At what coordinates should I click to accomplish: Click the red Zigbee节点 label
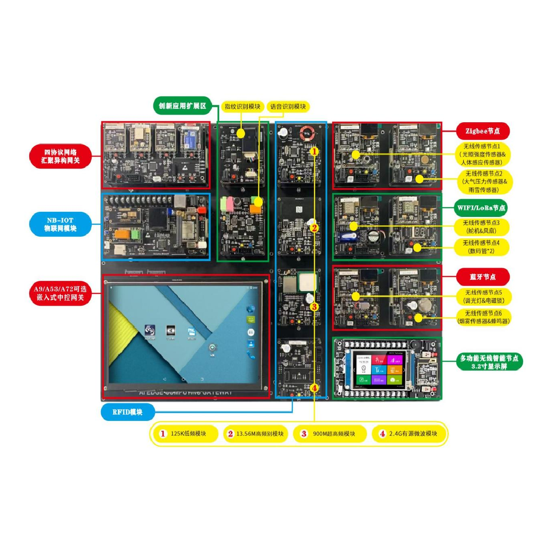tap(482, 131)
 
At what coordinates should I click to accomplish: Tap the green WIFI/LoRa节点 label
tap(481, 208)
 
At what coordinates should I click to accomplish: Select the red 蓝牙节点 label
tap(482, 277)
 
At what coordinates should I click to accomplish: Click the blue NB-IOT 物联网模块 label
tap(60, 224)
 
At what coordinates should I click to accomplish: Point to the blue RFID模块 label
tap(127, 412)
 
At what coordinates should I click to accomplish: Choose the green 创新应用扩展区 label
tap(182, 106)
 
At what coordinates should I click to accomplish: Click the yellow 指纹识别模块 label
tap(242, 106)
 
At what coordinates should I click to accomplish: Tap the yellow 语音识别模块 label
tap(288, 106)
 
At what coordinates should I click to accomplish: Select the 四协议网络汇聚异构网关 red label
tap(60, 156)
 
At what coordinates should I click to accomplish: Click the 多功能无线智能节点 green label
tap(489, 362)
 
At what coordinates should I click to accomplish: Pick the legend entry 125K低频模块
tap(185, 434)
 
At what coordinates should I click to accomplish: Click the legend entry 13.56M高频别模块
tap(256, 434)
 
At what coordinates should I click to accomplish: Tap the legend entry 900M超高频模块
tap(329, 434)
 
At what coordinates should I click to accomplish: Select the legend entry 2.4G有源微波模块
tap(409, 434)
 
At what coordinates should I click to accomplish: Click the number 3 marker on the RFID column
tap(314, 307)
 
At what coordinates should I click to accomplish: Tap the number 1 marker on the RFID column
tap(314, 151)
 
